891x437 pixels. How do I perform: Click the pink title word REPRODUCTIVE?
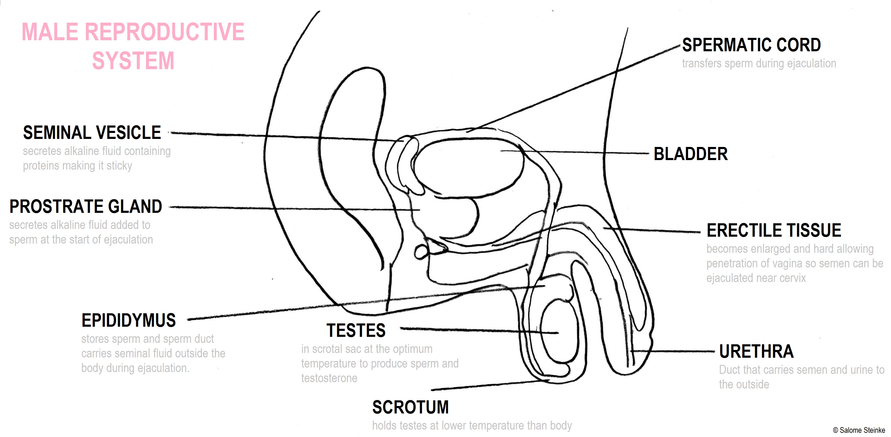pyautogui.click(x=164, y=32)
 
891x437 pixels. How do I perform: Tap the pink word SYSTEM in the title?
pyautogui.click(x=133, y=61)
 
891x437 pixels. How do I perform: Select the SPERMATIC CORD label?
pyautogui.click(x=751, y=45)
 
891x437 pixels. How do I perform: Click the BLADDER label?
pyautogui.click(x=690, y=154)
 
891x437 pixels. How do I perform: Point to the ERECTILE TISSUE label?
pyautogui.click(x=774, y=230)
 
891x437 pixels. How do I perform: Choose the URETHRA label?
pyautogui.click(x=756, y=351)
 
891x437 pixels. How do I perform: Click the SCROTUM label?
pyautogui.click(x=410, y=407)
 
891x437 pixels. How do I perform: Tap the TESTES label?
pyautogui.click(x=356, y=330)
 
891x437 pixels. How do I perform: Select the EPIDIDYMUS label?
pyautogui.click(x=129, y=320)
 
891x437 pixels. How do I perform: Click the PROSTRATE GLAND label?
pyautogui.click(x=86, y=207)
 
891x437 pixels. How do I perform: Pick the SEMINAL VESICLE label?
pyautogui.click(x=92, y=133)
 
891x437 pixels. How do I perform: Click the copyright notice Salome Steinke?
pyautogui.click(x=859, y=430)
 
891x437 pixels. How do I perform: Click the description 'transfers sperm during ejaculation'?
pyautogui.click(x=759, y=64)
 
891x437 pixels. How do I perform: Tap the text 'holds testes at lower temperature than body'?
pyautogui.click(x=472, y=426)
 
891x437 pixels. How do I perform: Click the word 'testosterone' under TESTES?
pyautogui.click(x=329, y=378)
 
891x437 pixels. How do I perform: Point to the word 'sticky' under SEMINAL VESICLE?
pyautogui.click(x=119, y=166)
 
